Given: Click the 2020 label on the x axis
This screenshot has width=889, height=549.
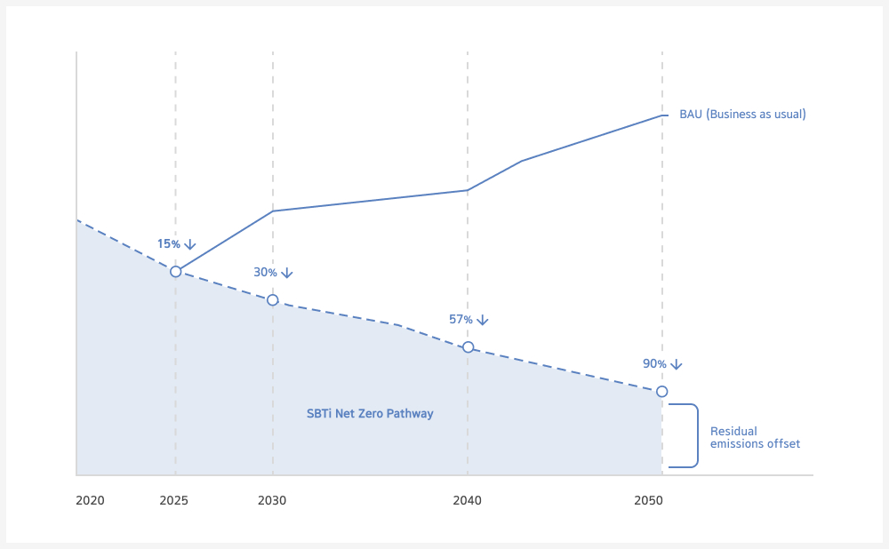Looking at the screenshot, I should (x=90, y=501).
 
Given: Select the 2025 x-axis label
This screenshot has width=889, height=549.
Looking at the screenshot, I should (x=174, y=501).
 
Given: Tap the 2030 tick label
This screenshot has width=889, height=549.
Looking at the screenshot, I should (x=272, y=501).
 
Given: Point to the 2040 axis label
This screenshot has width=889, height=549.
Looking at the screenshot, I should (x=467, y=501).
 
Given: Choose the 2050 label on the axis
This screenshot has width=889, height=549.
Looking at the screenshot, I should (x=649, y=501).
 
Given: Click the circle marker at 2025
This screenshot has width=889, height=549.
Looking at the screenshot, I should (x=175, y=271).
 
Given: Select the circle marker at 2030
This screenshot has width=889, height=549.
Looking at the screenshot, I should (x=273, y=300).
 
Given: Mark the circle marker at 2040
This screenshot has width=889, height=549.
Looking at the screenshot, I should (x=468, y=347).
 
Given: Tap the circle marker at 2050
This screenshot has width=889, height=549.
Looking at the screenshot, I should (x=661, y=392).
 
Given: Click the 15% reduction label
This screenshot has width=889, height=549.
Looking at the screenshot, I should (x=169, y=244).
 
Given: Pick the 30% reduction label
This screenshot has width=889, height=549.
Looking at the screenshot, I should (x=265, y=273).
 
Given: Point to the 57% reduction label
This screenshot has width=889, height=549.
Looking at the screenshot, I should (x=461, y=320).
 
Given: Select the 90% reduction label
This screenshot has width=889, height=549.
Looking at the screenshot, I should (x=654, y=364).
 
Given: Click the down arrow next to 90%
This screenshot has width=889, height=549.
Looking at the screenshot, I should (x=676, y=364).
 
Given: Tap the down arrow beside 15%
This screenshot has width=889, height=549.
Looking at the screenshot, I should (x=189, y=244).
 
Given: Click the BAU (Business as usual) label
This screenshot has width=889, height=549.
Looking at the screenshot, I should (x=742, y=115).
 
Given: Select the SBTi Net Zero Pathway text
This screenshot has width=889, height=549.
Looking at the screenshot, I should (x=370, y=414).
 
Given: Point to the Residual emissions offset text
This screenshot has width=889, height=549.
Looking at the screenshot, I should (x=755, y=438).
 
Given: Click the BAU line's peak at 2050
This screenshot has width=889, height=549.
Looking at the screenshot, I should (x=661, y=115).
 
